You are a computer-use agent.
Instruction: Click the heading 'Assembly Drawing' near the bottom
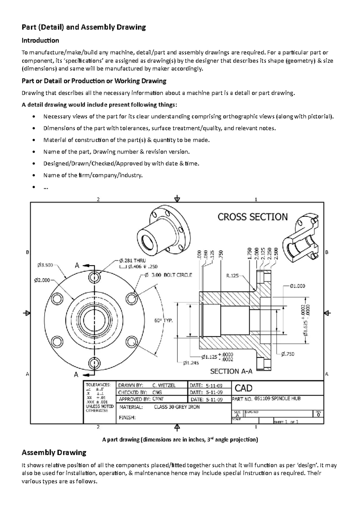click(54, 452)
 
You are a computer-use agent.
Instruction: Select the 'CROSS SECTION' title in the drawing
click(252, 217)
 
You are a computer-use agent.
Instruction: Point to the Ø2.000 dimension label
click(42, 280)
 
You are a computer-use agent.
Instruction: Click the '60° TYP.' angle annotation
click(163, 321)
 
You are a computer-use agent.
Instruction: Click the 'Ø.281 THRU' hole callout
click(132, 261)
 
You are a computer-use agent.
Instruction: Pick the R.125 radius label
click(232, 276)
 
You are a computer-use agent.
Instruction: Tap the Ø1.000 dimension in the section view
click(297, 286)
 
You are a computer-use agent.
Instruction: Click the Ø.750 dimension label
click(288, 354)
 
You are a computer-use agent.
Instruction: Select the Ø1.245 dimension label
click(191, 363)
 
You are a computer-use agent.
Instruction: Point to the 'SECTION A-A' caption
click(231, 372)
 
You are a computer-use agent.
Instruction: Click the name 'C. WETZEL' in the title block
click(164, 385)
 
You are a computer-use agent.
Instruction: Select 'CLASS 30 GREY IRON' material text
click(177, 407)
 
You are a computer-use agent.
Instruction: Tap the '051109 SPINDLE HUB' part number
click(277, 399)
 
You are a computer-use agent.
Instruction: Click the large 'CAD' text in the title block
click(243, 388)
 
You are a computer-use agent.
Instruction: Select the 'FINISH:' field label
click(127, 417)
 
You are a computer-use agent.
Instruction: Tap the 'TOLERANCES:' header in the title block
click(98, 384)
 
